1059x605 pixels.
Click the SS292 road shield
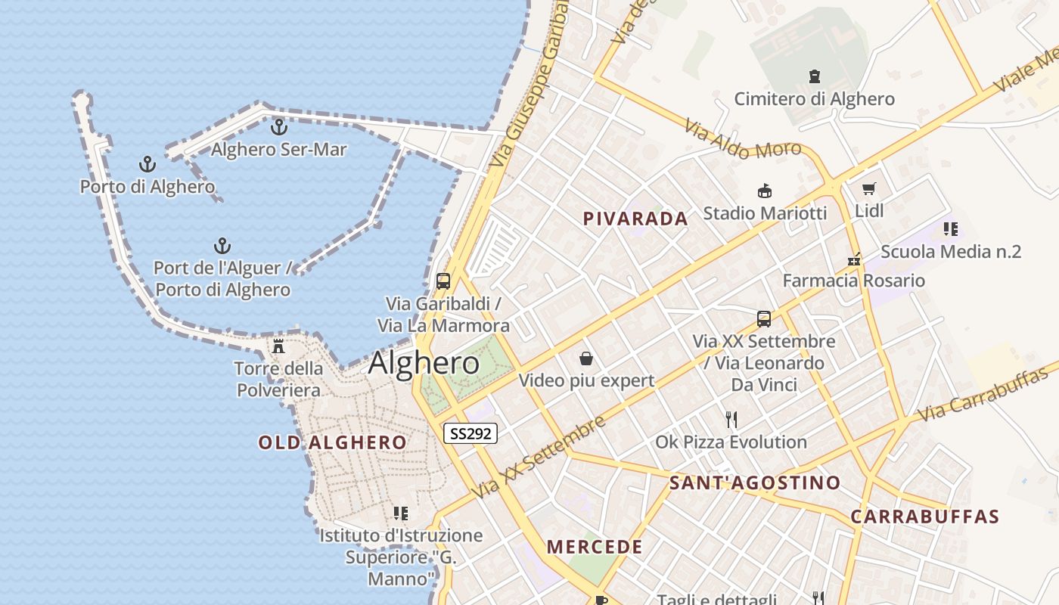click(x=470, y=433)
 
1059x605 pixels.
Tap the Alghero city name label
click(x=424, y=364)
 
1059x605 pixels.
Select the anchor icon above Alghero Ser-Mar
click(x=279, y=127)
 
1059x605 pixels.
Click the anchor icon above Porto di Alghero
click(x=148, y=164)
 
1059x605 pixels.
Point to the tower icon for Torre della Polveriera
click(x=278, y=347)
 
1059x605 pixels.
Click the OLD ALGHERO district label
click(x=333, y=442)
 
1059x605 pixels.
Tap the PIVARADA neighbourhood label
click(x=635, y=219)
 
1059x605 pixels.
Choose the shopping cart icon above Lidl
click(x=868, y=188)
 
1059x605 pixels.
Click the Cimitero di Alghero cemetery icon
click(x=815, y=76)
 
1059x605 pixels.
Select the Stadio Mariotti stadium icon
click(x=765, y=191)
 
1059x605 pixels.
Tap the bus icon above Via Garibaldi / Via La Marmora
click(x=443, y=281)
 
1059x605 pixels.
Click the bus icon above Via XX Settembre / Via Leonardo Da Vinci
click(x=764, y=319)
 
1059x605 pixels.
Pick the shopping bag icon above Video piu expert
click(x=585, y=358)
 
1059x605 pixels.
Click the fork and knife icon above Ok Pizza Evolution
click(x=731, y=420)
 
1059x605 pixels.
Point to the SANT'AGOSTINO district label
click(x=755, y=482)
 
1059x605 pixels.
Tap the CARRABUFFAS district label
click(x=925, y=517)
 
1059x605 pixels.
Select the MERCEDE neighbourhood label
click(x=595, y=547)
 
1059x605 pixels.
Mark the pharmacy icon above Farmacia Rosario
click(x=854, y=259)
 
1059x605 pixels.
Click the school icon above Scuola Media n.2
click(x=951, y=229)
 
